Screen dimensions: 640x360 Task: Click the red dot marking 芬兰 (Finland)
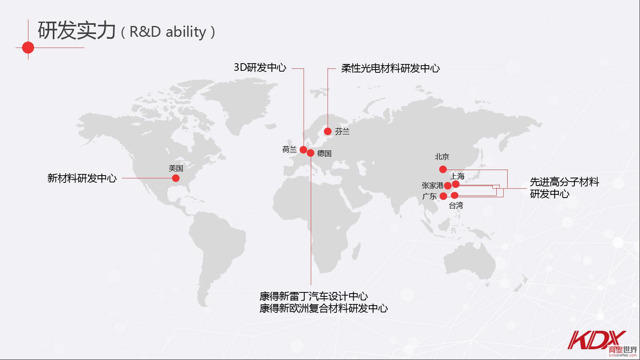(x=328, y=132)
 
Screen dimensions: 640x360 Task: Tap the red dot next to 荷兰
(x=304, y=150)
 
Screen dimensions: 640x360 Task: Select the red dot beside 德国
(x=310, y=153)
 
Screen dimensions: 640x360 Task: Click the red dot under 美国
(x=176, y=178)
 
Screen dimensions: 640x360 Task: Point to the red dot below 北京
(x=443, y=170)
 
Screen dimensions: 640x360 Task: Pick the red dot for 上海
(x=456, y=184)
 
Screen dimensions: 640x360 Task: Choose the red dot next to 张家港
(x=448, y=186)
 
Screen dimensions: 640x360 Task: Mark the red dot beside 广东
(x=444, y=196)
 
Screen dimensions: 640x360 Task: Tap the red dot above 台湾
(x=454, y=196)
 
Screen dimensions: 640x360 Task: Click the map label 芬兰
(x=342, y=132)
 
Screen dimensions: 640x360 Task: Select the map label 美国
(x=176, y=168)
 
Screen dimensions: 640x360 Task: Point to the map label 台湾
(x=456, y=206)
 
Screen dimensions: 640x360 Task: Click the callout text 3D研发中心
(x=260, y=68)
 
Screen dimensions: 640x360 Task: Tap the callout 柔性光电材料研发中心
(x=390, y=68)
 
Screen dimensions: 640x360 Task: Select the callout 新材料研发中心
(x=82, y=178)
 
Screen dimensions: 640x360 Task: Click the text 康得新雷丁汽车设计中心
(x=314, y=296)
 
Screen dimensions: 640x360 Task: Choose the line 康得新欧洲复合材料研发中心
(x=324, y=308)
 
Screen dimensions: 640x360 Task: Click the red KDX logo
(x=596, y=340)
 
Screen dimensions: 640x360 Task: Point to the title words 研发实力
(x=77, y=30)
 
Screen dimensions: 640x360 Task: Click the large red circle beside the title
(x=28, y=48)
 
